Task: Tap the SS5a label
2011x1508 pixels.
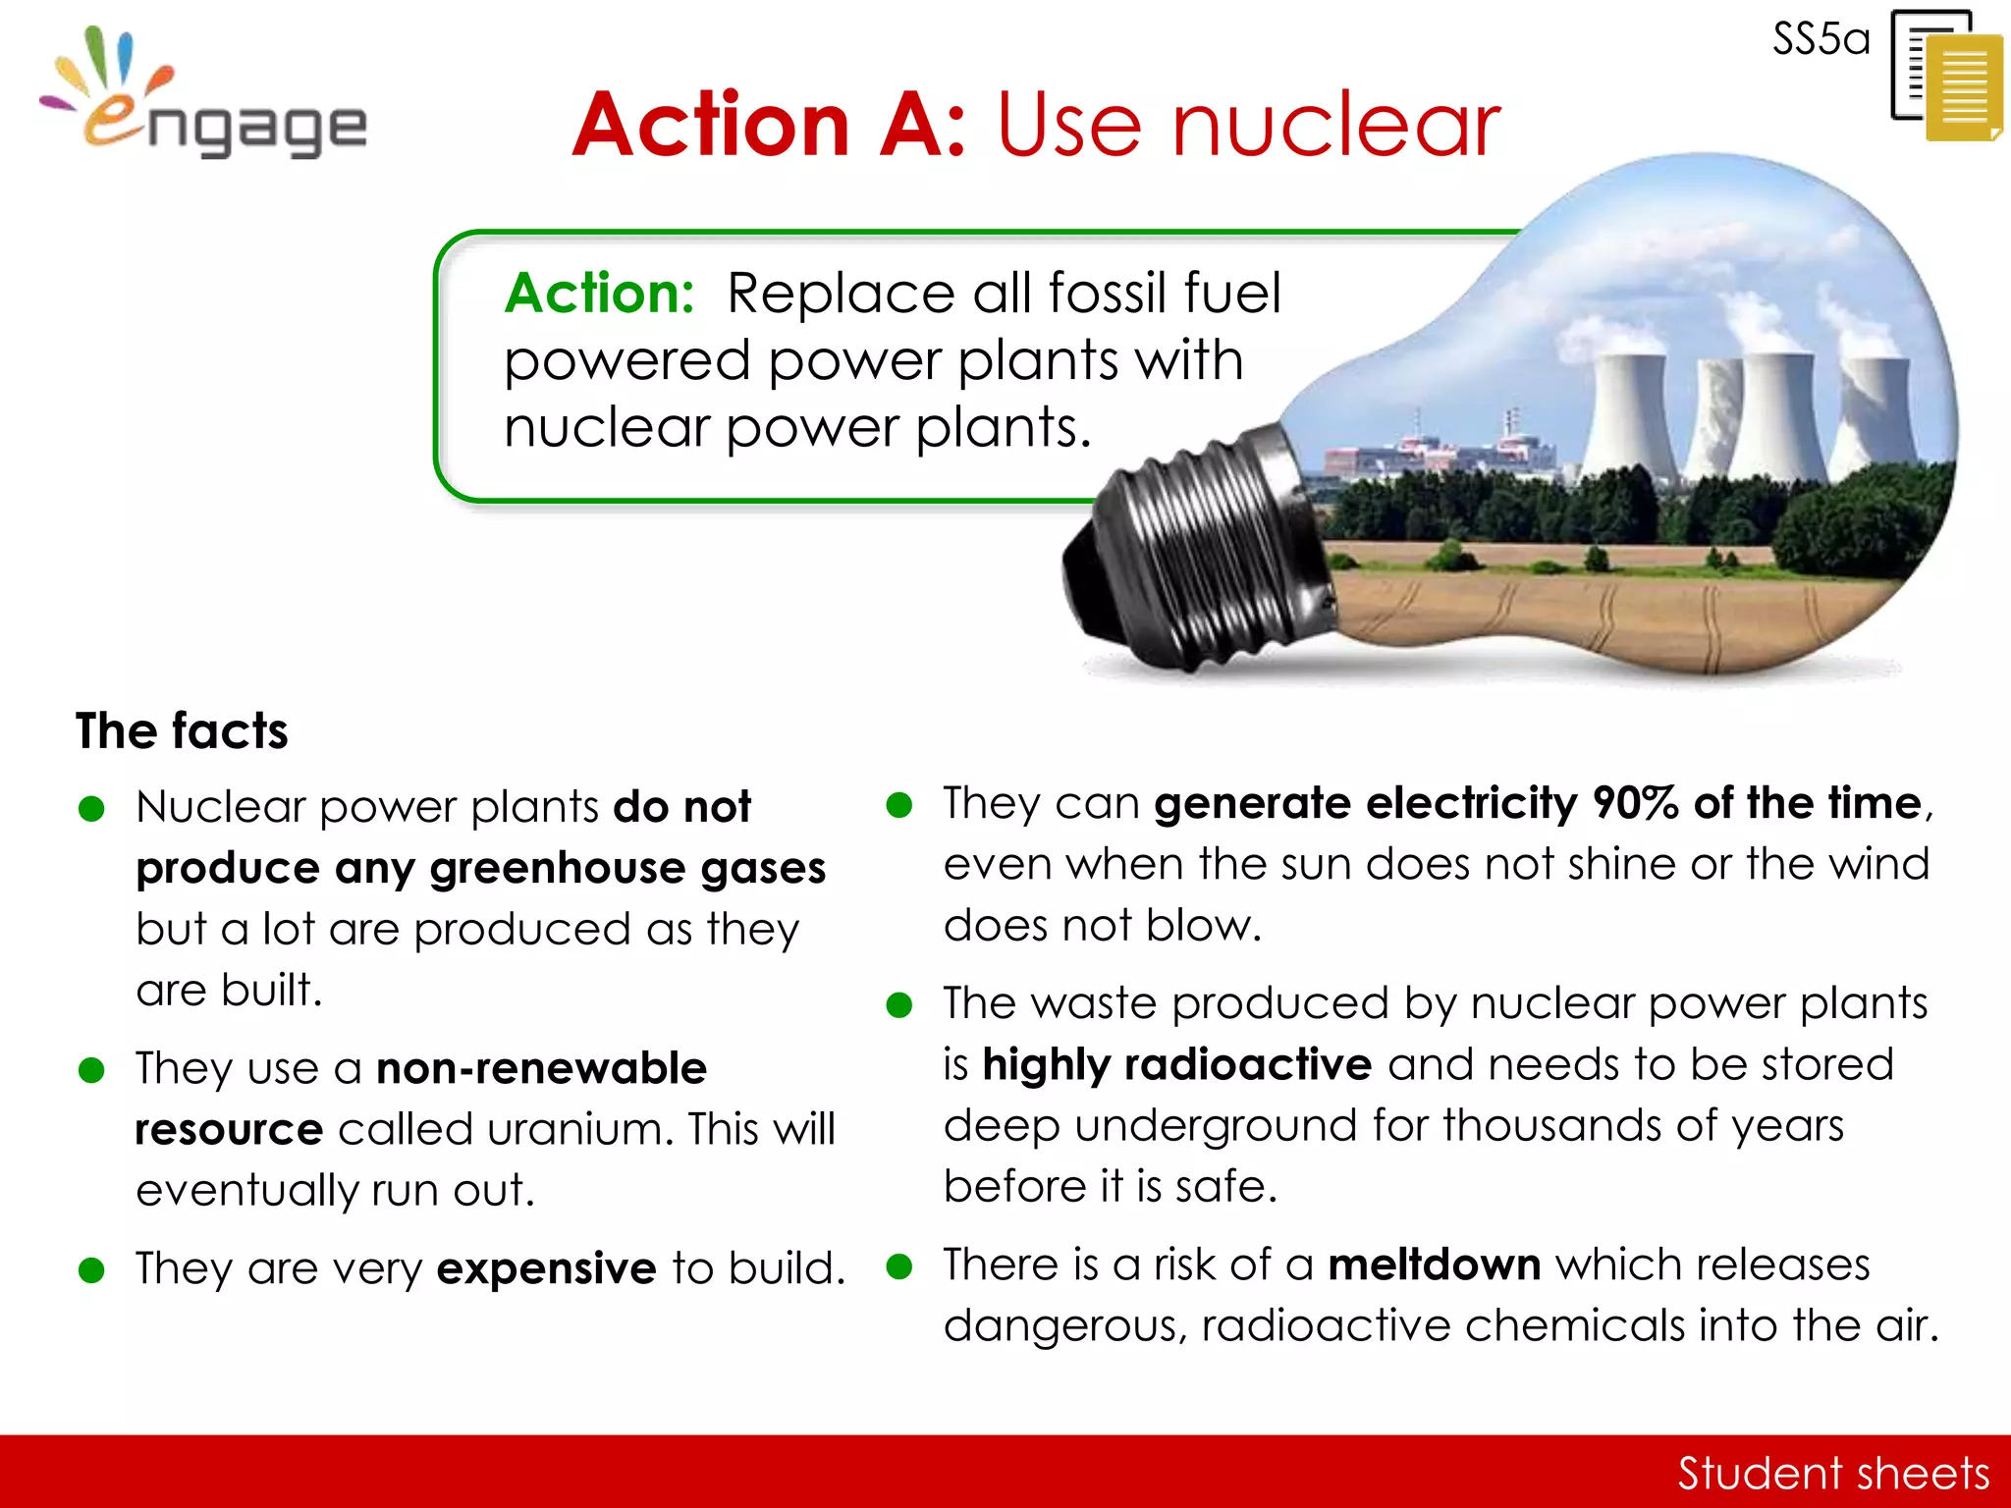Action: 1821,40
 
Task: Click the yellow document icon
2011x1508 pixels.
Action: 1962,88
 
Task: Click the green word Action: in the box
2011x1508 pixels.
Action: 599,294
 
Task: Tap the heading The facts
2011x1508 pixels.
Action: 182,731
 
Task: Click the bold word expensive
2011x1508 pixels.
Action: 546,1268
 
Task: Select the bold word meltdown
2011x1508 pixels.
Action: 1434,1265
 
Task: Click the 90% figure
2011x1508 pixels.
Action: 1634,803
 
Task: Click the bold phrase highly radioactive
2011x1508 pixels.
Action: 1176,1065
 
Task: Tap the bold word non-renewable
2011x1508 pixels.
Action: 541,1069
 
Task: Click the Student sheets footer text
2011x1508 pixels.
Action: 1832,1473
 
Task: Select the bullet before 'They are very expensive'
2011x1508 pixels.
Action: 91,1270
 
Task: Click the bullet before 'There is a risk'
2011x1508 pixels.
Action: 898,1266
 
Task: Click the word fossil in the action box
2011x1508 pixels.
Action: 1107,294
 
